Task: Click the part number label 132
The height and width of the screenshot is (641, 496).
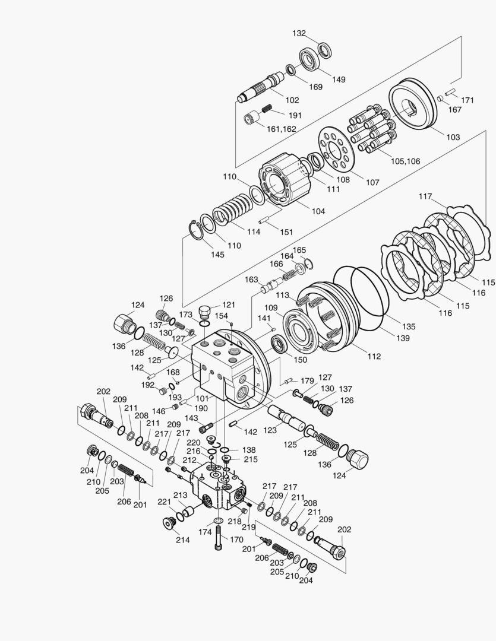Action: (299, 34)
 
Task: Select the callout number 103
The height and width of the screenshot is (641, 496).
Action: (453, 137)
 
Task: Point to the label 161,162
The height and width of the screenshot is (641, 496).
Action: (281, 128)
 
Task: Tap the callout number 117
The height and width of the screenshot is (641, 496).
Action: (425, 196)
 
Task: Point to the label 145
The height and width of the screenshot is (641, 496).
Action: (217, 255)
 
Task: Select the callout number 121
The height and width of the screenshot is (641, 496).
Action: (229, 304)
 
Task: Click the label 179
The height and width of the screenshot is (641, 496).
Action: (307, 380)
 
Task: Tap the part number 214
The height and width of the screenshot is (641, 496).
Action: (182, 540)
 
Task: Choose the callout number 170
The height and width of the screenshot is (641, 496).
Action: (236, 540)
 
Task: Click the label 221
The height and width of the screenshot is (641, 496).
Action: (164, 502)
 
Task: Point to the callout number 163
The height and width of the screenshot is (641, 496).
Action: (251, 279)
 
